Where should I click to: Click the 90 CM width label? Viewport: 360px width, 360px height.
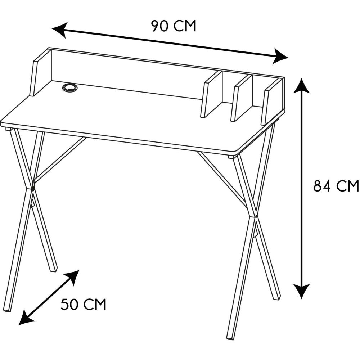point(174,26)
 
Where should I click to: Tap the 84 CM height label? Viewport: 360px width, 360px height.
point(336,186)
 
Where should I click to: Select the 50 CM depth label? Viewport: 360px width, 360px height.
point(84,305)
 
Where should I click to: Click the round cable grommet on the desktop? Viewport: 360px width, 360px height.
point(70,87)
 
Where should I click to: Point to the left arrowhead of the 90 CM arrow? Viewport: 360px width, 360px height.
point(60,30)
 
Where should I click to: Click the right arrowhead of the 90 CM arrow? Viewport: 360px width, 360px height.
point(280,57)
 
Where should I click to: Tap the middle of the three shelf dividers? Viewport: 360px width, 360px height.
point(242,98)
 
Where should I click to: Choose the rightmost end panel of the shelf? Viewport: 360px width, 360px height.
point(273,101)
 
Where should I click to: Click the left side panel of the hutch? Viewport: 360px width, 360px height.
point(40,72)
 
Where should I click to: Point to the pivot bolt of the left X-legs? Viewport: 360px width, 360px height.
point(33,189)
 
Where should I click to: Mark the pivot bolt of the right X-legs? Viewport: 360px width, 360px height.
point(256,216)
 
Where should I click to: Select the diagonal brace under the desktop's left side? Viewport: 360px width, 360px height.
point(60,158)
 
